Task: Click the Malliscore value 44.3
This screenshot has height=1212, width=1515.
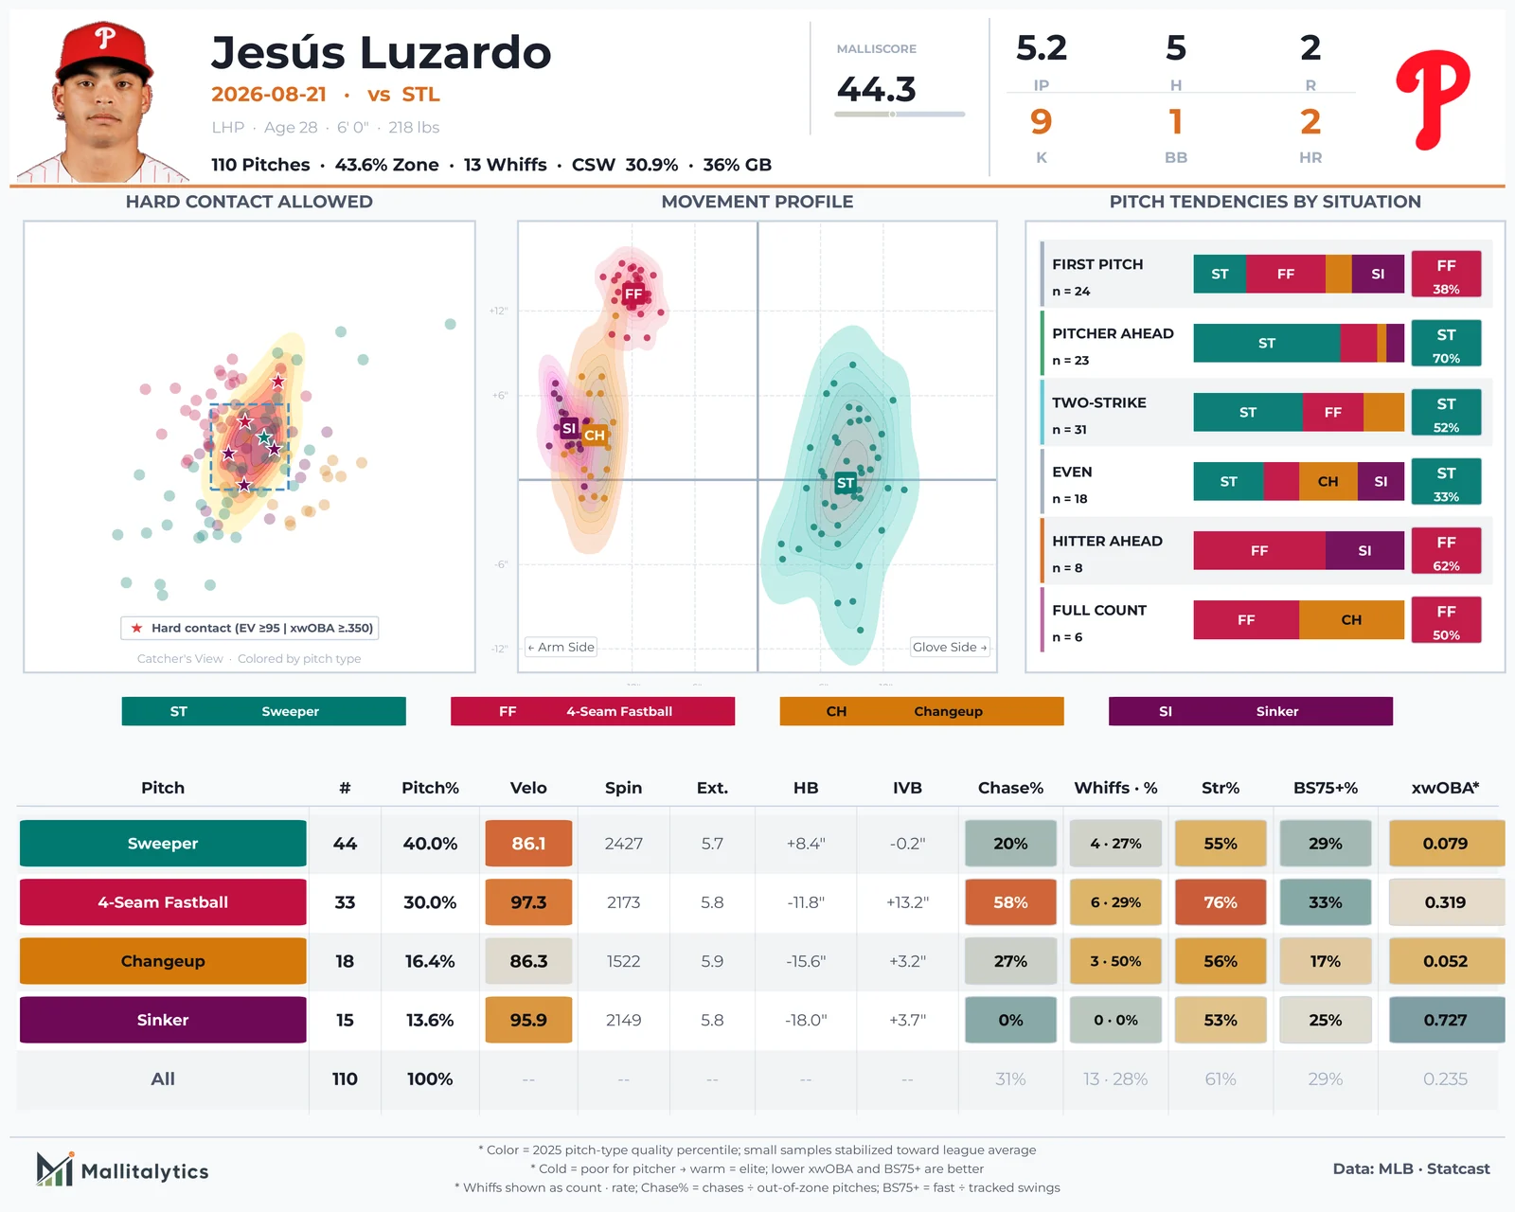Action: tap(876, 89)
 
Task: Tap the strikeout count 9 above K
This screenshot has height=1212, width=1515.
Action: tap(1041, 122)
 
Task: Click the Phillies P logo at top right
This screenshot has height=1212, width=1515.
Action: tap(1433, 99)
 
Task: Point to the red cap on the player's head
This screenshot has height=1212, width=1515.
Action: tap(104, 48)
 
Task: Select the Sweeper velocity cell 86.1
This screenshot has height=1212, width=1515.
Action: tap(528, 843)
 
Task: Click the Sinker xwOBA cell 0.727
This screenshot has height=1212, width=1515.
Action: tap(1445, 1020)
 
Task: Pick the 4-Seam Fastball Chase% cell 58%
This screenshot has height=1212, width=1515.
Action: tap(1010, 902)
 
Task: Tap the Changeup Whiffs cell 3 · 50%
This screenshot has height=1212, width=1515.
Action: tap(1115, 960)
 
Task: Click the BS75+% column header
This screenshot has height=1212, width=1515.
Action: tap(1325, 788)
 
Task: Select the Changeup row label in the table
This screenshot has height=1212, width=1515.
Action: tap(163, 960)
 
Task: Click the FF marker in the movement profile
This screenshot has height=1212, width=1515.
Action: tap(633, 294)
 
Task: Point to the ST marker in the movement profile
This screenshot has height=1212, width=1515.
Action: tap(845, 482)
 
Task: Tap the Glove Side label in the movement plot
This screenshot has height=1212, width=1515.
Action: tap(950, 647)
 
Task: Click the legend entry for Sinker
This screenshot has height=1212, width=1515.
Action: tap(1250, 711)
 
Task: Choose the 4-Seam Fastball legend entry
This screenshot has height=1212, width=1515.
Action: tap(592, 711)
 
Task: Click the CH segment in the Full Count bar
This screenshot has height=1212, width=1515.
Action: tap(1351, 620)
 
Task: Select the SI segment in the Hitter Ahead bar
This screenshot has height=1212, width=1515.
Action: tap(1364, 551)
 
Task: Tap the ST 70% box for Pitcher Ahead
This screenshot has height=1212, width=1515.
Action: tap(1446, 343)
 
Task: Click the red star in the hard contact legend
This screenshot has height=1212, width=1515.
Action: tap(136, 628)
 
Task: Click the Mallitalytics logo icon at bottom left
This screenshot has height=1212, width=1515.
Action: tap(55, 1169)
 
